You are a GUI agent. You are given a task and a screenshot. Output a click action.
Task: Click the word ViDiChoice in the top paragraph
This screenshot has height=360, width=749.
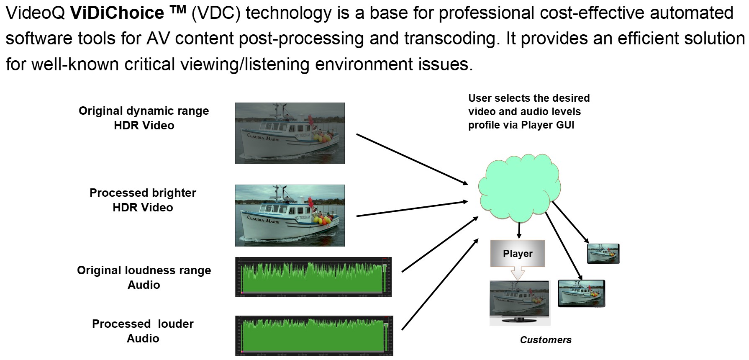[x=117, y=13]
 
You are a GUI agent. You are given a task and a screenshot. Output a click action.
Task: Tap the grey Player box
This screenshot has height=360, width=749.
[x=518, y=253]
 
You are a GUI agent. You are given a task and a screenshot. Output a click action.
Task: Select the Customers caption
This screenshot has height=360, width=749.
[x=545, y=340]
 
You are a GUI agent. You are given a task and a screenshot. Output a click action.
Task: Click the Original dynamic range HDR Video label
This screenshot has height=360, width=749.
[x=144, y=118]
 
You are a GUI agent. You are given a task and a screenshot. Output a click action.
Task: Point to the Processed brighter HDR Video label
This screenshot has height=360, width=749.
[x=143, y=200]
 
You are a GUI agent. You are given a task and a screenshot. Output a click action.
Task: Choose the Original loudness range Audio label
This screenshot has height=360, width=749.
[x=144, y=278]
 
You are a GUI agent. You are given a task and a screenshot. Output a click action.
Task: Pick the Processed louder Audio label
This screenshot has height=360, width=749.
[x=143, y=331]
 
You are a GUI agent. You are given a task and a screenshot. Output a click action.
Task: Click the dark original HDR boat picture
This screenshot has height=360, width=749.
[x=290, y=133]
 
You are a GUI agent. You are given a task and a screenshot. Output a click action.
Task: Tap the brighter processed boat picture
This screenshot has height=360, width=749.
[x=290, y=215]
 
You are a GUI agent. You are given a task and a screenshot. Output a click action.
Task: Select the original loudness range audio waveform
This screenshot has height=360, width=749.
[x=313, y=277]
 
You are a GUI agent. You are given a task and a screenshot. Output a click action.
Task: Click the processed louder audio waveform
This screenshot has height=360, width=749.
[x=314, y=336]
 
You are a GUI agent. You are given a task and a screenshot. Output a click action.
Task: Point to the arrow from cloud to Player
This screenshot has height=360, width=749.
[x=519, y=231]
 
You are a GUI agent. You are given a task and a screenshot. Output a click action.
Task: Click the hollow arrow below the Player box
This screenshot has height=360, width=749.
[x=518, y=274]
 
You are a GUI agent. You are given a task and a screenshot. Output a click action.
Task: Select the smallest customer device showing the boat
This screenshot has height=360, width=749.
[x=603, y=254]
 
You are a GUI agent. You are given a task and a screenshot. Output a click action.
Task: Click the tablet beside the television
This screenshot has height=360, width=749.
[x=581, y=293]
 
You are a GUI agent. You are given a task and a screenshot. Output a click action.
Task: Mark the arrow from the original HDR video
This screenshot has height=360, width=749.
[x=412, y=159]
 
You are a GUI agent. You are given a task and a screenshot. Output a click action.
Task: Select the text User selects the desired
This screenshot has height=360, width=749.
[x=529, y=98]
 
